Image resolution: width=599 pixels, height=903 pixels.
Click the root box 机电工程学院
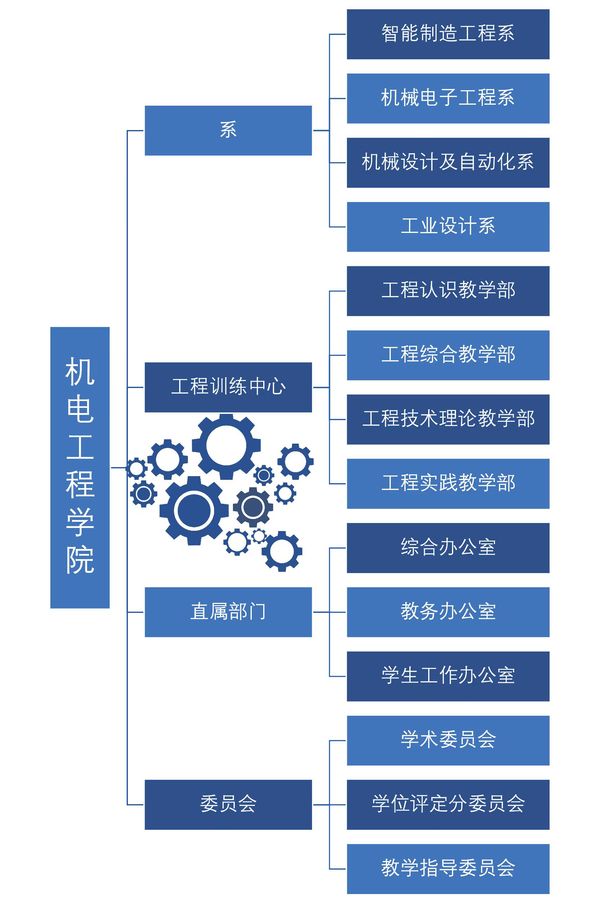80,468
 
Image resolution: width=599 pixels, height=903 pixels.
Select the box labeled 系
228,130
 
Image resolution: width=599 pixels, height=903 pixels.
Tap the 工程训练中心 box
228,387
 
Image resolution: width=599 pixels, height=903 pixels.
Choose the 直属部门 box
228,612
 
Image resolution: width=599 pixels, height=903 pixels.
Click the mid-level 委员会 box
228,805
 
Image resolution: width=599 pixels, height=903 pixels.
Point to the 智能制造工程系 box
448,34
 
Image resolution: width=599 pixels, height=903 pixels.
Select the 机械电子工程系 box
448,98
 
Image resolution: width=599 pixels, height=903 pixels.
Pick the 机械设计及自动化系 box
448,162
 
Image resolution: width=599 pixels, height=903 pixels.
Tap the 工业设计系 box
448,226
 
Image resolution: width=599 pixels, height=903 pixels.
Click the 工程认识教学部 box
448,291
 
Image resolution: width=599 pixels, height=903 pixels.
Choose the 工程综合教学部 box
448,355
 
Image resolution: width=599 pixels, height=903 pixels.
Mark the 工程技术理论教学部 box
448,419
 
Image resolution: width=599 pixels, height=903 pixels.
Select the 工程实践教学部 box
448,483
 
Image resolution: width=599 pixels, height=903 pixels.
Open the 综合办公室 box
448,548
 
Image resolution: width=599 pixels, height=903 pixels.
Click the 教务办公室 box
448,612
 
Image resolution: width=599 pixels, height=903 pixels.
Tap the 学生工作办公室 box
448,676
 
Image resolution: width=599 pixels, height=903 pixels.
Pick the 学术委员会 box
448,740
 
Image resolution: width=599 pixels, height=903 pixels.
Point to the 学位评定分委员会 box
448,805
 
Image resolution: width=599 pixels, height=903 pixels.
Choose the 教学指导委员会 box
448,868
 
